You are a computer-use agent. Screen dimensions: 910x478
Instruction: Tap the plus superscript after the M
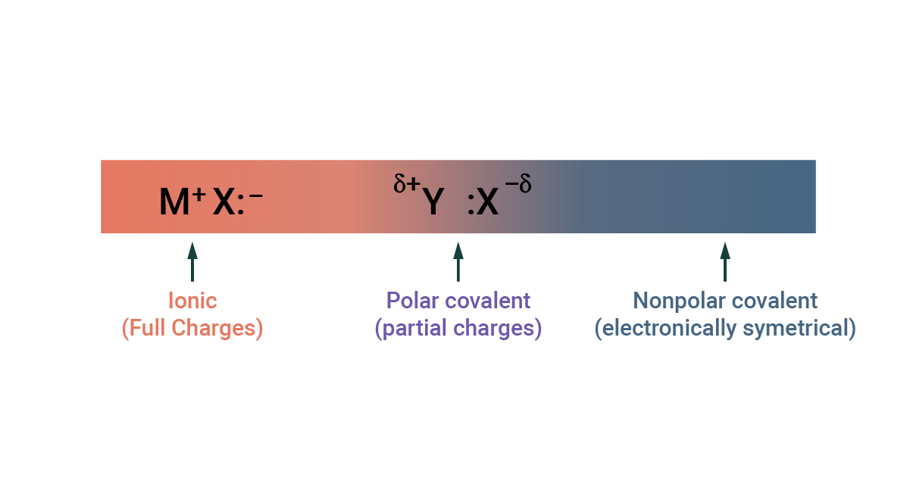(199, 195)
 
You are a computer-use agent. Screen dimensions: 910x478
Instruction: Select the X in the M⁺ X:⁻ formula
(224, 202)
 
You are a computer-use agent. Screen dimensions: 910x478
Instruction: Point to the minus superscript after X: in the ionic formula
(256, 196)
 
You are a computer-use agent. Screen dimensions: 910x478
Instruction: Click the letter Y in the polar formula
(433, 202)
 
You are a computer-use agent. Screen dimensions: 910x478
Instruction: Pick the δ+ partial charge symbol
(407, 183)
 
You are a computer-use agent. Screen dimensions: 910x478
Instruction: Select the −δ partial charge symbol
(518, 183)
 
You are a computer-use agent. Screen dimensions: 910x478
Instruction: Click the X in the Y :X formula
(487, 202)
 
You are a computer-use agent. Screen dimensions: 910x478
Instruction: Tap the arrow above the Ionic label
(192, 262)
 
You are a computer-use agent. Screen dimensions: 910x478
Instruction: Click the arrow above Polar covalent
(458, 262)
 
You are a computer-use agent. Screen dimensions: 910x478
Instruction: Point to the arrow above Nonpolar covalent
(725, 262)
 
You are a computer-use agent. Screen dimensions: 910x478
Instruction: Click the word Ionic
(192, 301)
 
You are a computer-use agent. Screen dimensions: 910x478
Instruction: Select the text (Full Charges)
(192, 328)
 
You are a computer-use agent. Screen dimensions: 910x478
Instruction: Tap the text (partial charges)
(458, 328)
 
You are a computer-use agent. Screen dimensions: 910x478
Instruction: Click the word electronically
(665, 328)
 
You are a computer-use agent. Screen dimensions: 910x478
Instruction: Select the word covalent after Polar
(488, 301)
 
